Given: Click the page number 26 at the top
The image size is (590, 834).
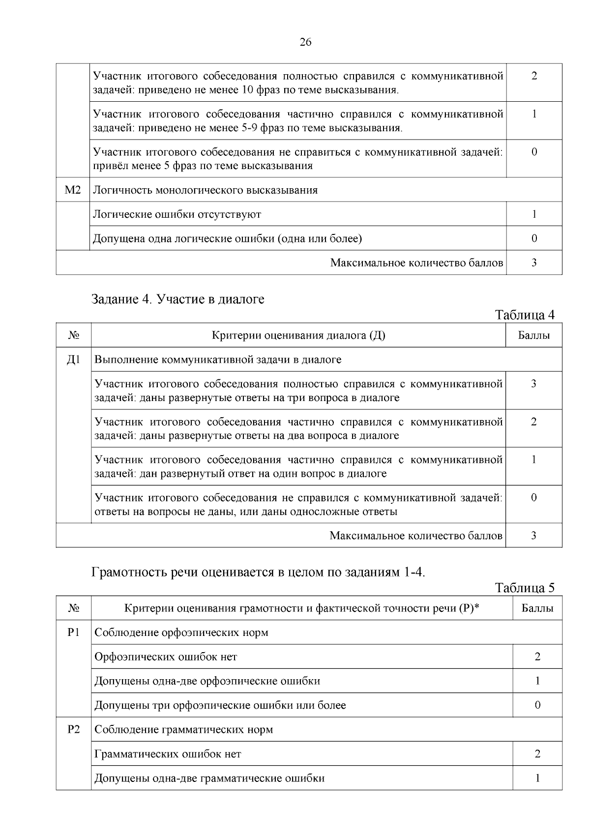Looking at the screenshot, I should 305,42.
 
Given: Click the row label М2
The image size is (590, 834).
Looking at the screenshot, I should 73,190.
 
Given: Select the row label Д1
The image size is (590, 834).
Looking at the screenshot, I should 73,360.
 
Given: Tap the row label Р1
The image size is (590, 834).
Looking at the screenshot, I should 73,633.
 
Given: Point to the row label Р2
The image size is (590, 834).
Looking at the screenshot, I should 73,729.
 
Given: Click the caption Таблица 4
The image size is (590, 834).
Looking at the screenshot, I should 525,315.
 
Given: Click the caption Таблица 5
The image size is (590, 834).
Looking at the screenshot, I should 525,588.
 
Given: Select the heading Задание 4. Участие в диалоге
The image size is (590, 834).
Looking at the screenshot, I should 178,299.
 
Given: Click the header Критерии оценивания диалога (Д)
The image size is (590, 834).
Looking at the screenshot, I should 298,336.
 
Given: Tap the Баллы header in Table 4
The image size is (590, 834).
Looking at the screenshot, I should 533,336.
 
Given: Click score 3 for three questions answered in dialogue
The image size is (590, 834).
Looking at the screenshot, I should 533,384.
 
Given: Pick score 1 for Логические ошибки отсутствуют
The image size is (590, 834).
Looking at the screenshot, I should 534,214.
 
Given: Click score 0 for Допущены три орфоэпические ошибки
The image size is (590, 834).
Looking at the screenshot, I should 537,705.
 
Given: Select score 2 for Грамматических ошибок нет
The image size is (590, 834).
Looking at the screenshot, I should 537,754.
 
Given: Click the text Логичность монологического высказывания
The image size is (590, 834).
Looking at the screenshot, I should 206,190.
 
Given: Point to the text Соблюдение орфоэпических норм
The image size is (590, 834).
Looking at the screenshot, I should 181,633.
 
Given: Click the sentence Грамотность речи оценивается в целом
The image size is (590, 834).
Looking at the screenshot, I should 258,573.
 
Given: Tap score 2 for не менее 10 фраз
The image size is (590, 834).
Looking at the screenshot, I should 534,76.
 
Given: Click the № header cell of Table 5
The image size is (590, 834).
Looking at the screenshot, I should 73,608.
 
